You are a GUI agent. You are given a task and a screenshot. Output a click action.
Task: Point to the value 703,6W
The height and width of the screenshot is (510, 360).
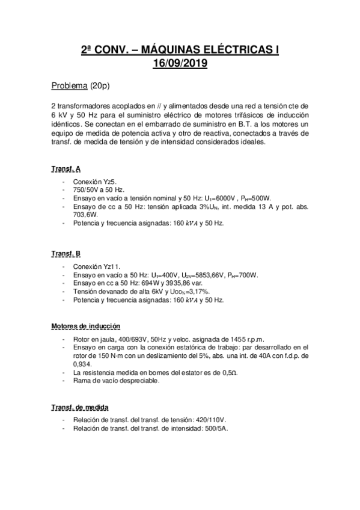[86, 215]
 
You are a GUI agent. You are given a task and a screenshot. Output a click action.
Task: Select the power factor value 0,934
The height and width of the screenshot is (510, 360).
[83, 364]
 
